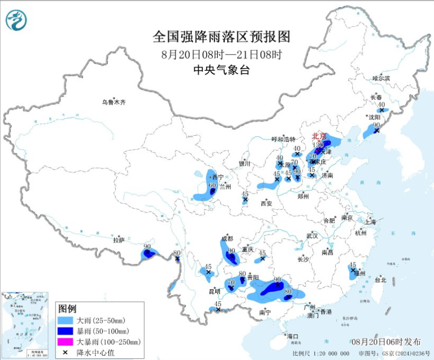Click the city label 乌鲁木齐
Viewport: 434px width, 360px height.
tap(114, 102)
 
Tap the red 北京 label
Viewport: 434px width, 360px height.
tap(319, 136)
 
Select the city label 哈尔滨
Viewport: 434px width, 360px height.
tap(381, 78)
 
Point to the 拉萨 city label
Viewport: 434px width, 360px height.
tap(118, 240)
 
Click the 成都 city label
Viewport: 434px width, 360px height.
tap(227, 239)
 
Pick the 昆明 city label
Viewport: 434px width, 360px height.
tap(214, 291)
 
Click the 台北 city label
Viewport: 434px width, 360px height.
tap(381, 280)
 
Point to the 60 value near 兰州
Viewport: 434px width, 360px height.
tap(212, 185)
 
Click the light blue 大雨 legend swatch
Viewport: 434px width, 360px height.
tap(66, 320)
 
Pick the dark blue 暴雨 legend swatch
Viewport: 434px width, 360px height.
tap(66, 331)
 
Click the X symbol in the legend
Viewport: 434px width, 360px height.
tap(66, 352)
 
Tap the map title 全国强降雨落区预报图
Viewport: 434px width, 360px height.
tap(221, 36)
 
